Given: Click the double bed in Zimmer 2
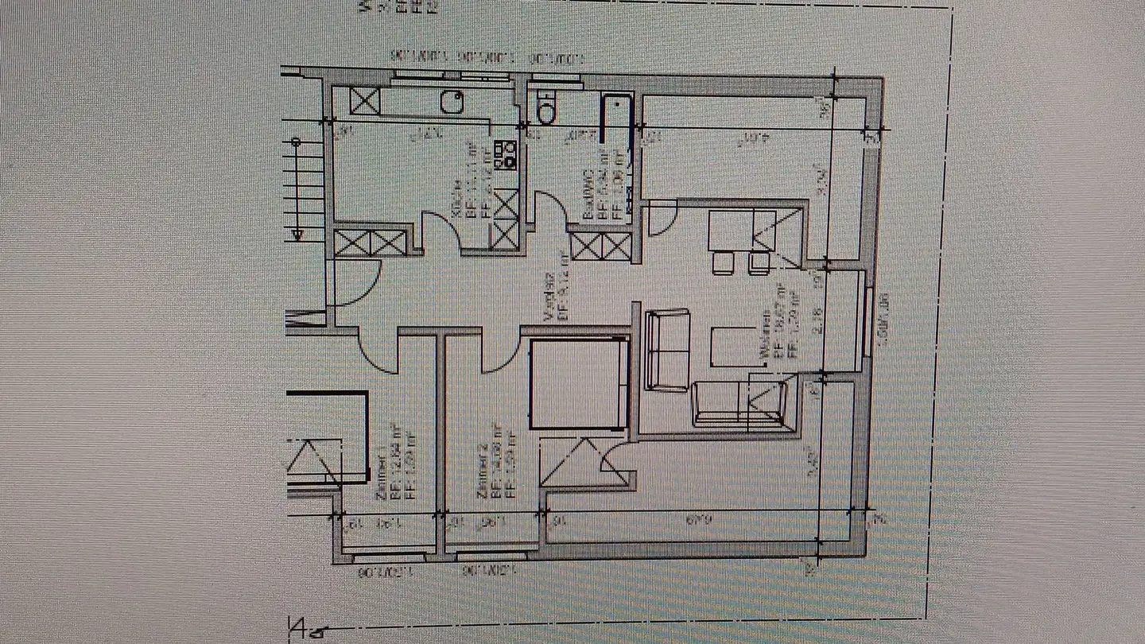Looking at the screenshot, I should [578, 384].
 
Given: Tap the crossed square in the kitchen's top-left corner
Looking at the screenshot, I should [365, 102].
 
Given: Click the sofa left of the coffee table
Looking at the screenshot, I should [668, 350].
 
